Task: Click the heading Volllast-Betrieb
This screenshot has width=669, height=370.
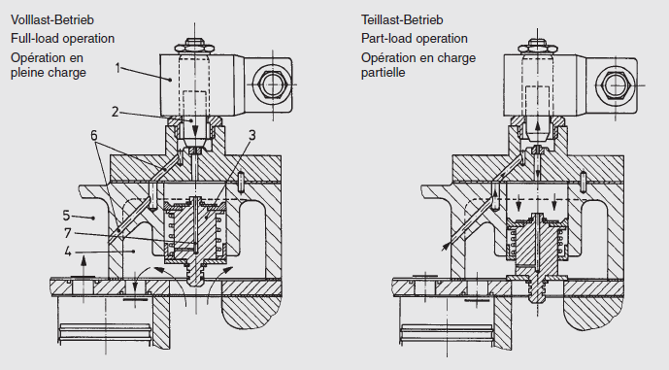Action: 54,18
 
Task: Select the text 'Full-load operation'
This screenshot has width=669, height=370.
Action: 63,39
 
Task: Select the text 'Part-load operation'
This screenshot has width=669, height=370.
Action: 415,39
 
